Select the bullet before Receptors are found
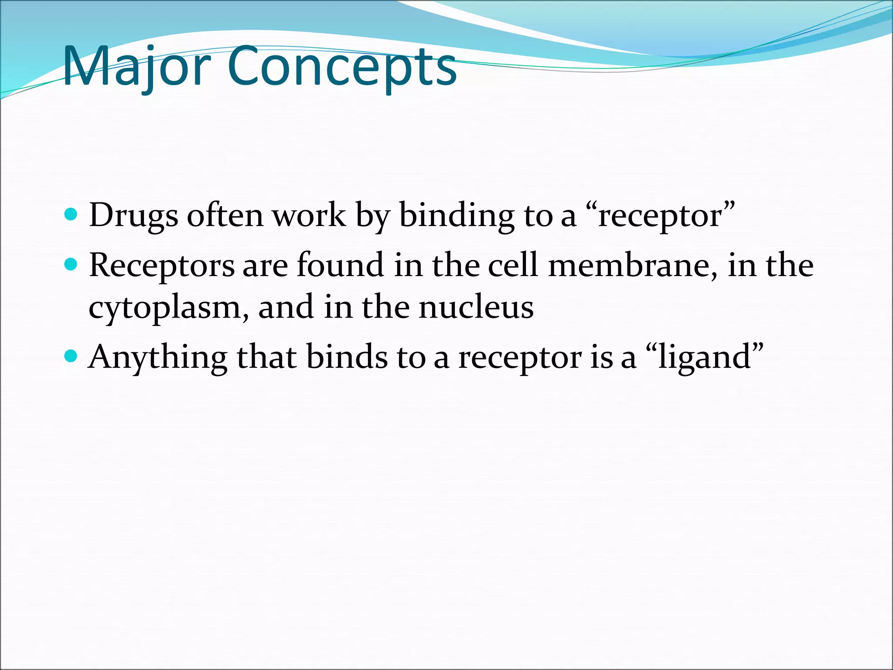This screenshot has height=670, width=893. point(70,264)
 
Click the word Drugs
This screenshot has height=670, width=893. point(133,216)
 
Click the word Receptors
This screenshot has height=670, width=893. point(162,266)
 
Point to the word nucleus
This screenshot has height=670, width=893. point(476,308)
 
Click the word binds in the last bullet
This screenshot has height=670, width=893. point(347,357)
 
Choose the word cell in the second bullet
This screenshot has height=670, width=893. point(512,266)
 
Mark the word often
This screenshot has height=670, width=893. point(225,216)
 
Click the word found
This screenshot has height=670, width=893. point(340,266)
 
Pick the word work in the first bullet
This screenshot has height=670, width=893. point(309,216)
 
